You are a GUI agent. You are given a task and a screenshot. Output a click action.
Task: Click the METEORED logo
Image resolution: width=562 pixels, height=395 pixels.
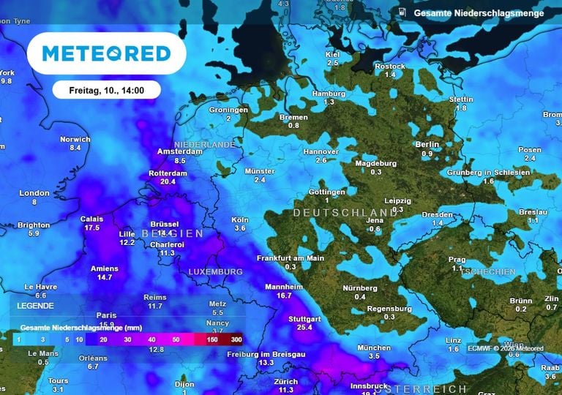(x=106, y=53)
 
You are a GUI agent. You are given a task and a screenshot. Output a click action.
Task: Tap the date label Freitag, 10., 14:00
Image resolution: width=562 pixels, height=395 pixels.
(x=107, y=91)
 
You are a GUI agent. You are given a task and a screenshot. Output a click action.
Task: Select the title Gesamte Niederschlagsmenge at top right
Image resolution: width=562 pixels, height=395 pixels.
(x=479, y=13)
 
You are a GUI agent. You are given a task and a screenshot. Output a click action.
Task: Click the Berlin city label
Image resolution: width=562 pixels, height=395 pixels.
(x=427, y=145)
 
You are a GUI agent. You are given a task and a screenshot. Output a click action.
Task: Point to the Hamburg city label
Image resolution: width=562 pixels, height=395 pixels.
(x=328, y=94)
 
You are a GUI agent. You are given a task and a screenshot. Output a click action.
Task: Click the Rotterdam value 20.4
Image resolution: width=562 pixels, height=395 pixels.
(x=168, y=181)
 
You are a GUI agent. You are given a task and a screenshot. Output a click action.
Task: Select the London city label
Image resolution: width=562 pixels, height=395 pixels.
(x=34, y=193)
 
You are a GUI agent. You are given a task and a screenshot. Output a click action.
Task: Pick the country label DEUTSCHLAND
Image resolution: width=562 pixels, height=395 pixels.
(x=340, y=213)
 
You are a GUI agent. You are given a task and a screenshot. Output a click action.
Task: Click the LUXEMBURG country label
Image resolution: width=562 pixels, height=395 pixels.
(x=215, y=272)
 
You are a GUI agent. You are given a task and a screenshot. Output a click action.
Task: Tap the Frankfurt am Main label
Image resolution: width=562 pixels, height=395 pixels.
(x=290, y=258)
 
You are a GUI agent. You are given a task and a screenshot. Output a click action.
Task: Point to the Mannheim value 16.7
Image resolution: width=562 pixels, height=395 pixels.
(x=284, y=296)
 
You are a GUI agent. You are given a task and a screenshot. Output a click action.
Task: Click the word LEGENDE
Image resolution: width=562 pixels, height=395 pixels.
(x=36, y=304)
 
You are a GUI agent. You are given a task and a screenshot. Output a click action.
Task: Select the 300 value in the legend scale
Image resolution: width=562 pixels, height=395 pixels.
(x=236, y=340)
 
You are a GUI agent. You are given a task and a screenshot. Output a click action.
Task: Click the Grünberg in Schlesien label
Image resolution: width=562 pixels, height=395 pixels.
(x=489, y=173)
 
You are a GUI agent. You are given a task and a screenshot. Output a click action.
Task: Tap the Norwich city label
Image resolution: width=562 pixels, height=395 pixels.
(x=75, y=139)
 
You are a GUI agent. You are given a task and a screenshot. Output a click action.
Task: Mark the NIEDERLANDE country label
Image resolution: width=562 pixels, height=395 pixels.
(x=205, y=145)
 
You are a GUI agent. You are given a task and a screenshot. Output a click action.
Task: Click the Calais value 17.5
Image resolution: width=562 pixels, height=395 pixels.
(x=91, y=227)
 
